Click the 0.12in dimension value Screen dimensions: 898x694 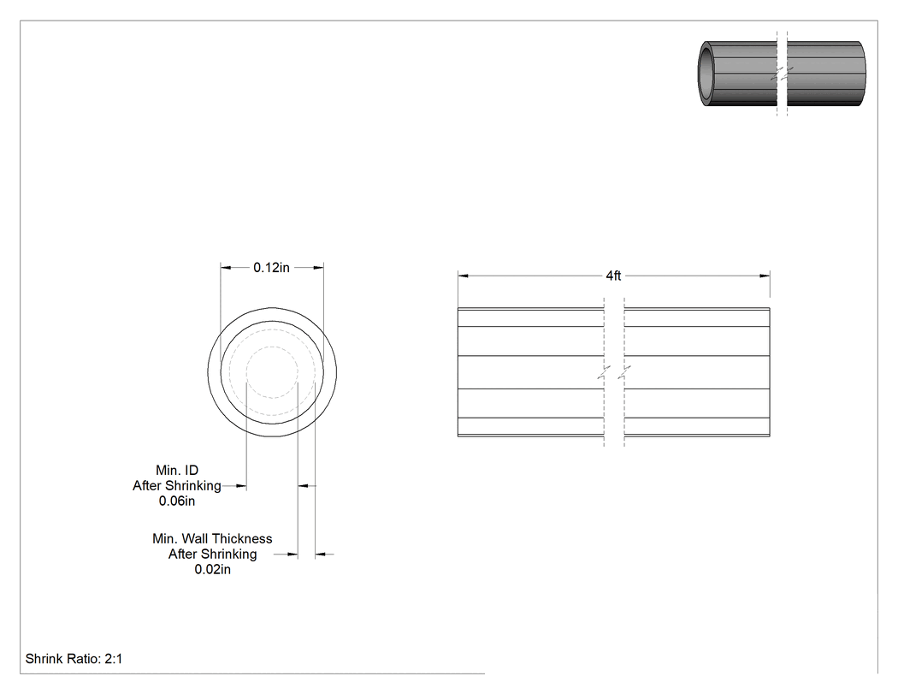[x=271, y=268]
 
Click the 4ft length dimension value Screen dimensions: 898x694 [x=613, y=276]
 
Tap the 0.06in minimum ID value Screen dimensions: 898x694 [x=177, y=501]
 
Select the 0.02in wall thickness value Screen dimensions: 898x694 [x=212, y=570]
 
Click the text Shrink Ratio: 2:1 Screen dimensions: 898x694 [x=74, y=659]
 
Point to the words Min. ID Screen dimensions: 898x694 [x=177, y=471]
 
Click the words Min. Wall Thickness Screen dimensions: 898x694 [x=212, y=539]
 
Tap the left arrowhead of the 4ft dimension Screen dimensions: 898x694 [x=463, y=276]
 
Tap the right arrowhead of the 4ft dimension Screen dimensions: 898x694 [x=765, y=276]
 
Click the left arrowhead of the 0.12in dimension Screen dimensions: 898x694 [x=227, y=267]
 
